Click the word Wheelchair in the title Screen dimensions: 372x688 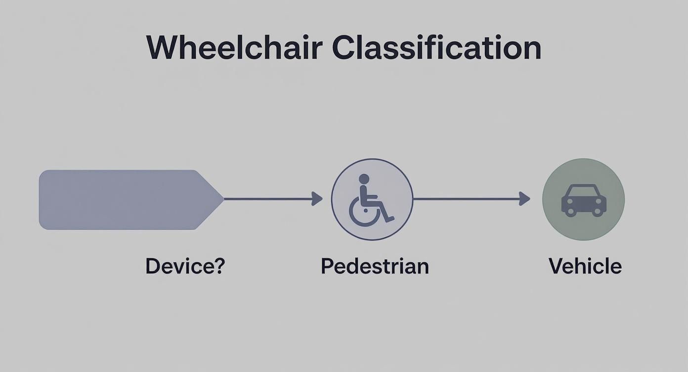(234, 48)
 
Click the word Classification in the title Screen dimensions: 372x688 (436, 48)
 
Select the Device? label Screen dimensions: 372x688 (185, 266)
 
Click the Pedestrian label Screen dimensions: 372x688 (375, 266)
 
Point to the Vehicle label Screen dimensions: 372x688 (585, 266)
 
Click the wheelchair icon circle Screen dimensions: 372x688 (372, 199)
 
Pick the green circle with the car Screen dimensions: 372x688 (583, 199)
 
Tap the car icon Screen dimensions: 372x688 (584, 200)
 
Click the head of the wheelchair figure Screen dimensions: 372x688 (364, 179)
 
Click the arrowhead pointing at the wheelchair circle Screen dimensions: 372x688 (317, 199)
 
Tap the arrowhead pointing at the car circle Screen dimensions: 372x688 (525, 199)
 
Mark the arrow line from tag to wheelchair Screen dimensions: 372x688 (269, 199)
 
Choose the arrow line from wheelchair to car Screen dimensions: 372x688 (467, 199)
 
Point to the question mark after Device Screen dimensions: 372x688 (219, 266)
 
